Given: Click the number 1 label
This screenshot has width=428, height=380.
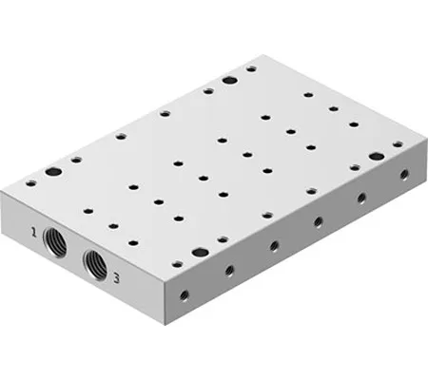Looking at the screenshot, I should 34,231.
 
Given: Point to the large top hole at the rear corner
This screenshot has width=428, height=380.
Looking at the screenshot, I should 230,82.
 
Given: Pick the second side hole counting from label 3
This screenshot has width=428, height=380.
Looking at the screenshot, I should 229,270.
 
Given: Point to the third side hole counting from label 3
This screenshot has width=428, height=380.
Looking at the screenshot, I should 273,246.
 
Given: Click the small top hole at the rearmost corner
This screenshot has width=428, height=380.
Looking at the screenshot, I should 249,69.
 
